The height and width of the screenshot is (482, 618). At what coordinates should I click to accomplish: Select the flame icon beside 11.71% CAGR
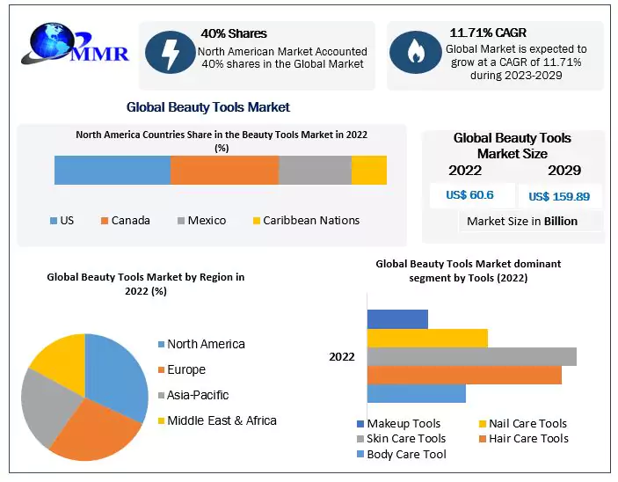click(414, 53)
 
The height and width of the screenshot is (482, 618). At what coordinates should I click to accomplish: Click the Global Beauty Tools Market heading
click(207, 107)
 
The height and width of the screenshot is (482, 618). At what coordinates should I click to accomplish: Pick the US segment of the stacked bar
click(112, 170)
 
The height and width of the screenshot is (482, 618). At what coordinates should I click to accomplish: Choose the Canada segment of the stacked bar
click(224, 170)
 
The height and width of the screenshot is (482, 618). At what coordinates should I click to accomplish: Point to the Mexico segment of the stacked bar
click(315, 170)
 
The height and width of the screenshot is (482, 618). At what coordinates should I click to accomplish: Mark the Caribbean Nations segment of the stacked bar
click(369, 170)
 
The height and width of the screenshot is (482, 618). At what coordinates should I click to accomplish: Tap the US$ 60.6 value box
click(469, 195)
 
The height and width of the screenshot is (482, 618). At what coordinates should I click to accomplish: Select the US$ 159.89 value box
click(560, 196)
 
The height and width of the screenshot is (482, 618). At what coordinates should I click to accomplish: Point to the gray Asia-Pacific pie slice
click(44, 405)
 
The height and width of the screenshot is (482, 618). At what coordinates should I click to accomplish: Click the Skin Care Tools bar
click(471, 356)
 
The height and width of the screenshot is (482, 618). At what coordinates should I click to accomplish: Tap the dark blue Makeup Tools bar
click(396, 318)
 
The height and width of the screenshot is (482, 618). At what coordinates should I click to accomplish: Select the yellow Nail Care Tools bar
click(426, 338)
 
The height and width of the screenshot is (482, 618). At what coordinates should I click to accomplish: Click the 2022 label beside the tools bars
click(342, 356)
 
